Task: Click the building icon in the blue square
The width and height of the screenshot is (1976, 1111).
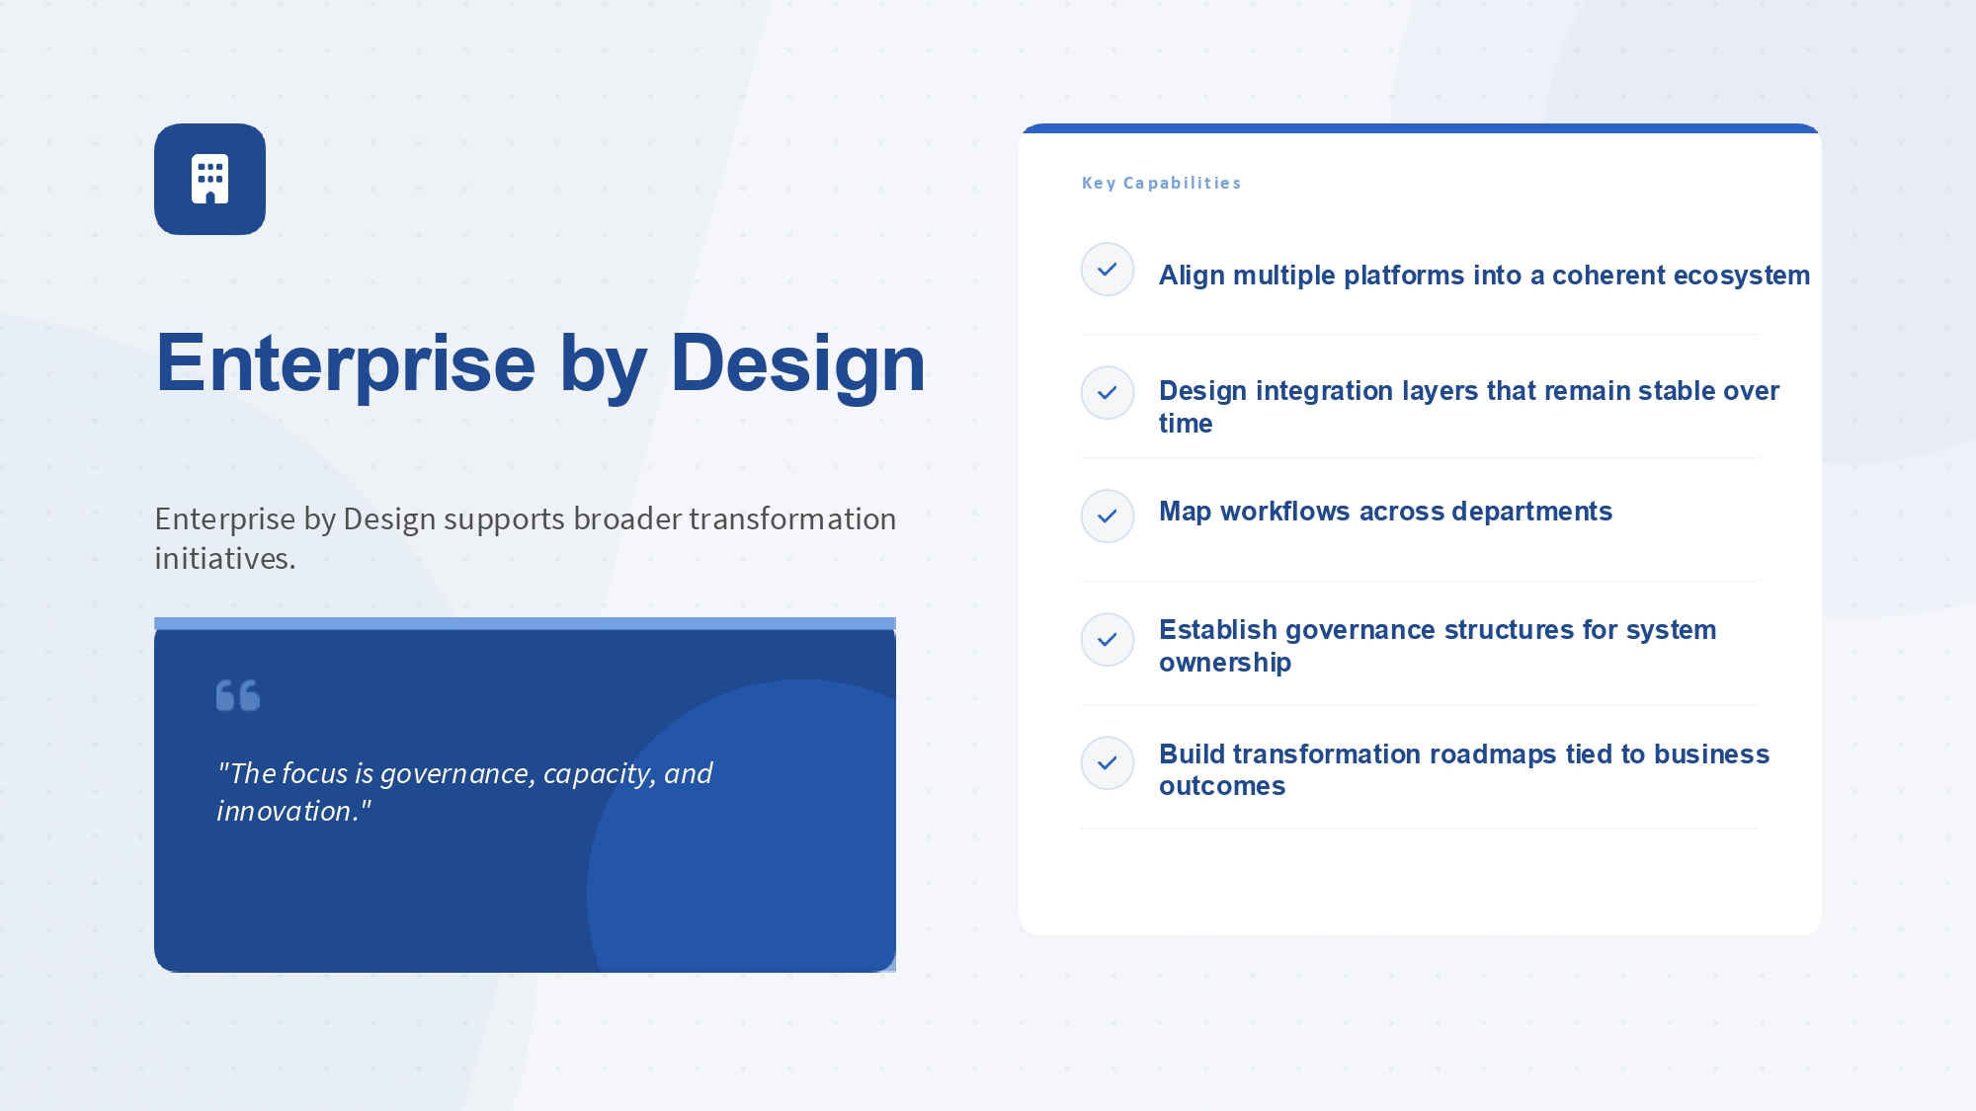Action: click(x=209, y=179)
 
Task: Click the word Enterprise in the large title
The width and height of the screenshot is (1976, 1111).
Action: click(x=346, y=364)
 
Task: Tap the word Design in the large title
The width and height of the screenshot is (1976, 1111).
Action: click(x=798, y=364)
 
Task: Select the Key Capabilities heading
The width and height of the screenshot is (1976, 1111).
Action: click(x=1161, y=183)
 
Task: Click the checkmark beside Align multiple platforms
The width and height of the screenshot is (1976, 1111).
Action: click(x=1108, y=269)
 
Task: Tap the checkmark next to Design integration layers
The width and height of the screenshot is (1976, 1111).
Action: click(x=1108, y=392)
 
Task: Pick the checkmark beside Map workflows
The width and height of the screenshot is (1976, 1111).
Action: click(x=1108, y=516)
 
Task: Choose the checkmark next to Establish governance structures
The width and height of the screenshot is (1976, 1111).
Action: click(x=1108, y=639)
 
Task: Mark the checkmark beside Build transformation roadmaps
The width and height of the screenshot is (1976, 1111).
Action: click(x=1108, y=762)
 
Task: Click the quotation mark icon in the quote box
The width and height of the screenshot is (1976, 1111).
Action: click(x=238, y=695)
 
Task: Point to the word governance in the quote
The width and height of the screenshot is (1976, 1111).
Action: click(x=458, y=774)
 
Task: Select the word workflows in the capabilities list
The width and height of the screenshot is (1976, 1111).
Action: click(x=1285, y=512)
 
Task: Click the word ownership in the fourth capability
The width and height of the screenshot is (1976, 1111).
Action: click(x=1225, y=663)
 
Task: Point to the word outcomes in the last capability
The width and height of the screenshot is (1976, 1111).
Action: click(x=1222, y=786)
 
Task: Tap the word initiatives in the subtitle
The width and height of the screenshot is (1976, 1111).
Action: click(x=225, y=559)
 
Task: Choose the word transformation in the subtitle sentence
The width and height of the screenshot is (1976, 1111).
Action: click(x=792, y=519)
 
